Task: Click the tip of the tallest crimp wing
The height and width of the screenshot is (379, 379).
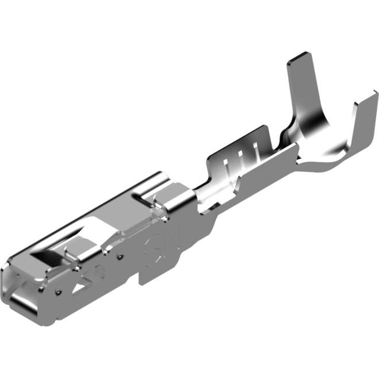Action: click(x=301, y=59)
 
